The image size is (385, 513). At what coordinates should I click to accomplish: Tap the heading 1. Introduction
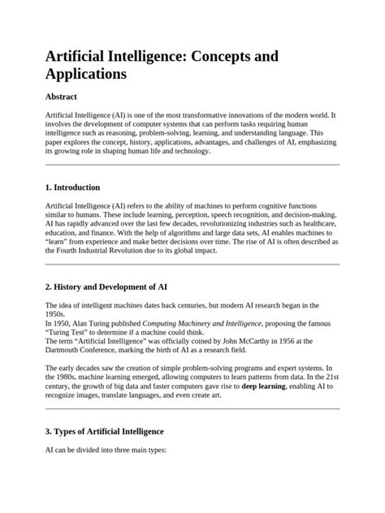(x=73, y=187)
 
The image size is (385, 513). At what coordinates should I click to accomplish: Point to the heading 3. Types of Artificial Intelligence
(x=105, y=431)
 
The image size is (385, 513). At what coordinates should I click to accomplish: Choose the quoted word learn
(x=58, y=241)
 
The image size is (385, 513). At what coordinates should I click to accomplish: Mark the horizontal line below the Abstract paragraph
(x=192, y=164)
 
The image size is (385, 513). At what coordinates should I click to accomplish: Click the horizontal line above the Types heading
(x=192, y=408)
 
